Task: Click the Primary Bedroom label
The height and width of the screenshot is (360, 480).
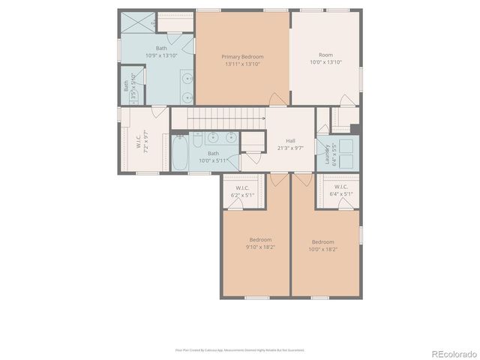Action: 242,56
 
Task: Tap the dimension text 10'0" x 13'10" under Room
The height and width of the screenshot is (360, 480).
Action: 325,63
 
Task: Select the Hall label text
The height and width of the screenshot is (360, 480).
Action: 289,140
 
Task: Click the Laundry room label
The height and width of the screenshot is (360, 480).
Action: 327,154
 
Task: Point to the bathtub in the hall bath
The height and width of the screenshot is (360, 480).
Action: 180,153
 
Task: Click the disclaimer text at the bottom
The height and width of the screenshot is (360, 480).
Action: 239,349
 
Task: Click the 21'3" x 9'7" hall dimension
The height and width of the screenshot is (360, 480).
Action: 290,148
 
